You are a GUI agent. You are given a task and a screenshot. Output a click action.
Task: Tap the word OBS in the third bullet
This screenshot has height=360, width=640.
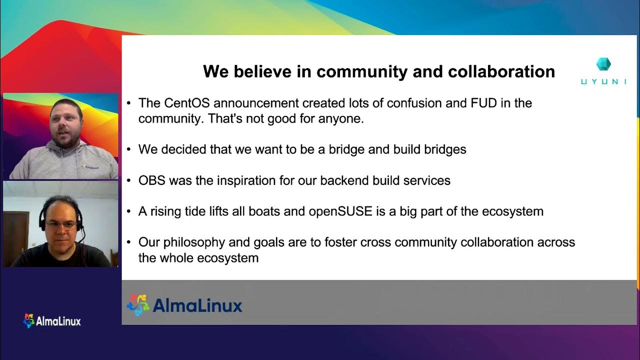[152, 180]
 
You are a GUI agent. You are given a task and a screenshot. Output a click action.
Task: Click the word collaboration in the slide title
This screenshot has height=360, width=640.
[501, 71]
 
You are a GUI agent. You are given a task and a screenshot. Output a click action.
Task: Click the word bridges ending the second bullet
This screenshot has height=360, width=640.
[445, 149]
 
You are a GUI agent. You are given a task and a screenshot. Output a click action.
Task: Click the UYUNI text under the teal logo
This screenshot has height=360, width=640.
[603, 81]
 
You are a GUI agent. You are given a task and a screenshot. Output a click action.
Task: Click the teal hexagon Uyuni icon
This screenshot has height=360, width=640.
[604, 64]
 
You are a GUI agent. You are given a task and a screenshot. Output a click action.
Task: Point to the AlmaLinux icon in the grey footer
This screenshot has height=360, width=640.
[138, 305]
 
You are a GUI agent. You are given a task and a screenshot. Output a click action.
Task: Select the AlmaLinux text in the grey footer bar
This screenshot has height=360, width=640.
[197, 305]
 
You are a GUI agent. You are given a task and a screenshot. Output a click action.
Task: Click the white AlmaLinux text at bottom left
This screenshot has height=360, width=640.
[58, 321]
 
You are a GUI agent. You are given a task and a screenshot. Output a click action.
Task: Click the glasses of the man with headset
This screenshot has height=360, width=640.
[60, 225]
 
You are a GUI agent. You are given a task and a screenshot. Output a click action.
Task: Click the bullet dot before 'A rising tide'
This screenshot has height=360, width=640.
[129, 211]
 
